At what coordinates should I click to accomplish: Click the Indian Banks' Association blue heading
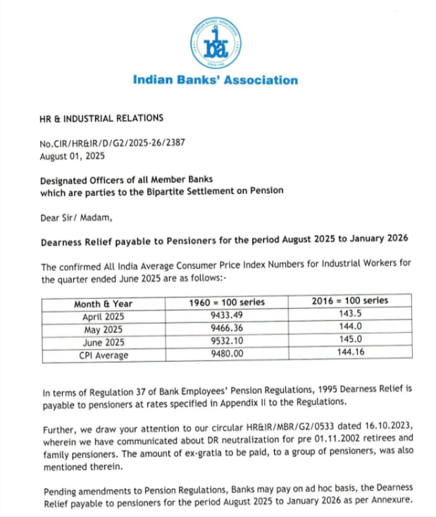(x=215, y=80)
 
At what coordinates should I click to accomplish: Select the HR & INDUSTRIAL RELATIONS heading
(x=101, y=118)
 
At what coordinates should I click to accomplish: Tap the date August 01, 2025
(x=72, y=157)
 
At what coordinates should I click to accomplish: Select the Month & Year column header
(x=103, y=304)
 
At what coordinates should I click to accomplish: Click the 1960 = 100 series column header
(x=227, y=303)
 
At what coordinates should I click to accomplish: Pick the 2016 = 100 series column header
(x=349, y=301)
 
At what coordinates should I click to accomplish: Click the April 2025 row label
(x=103, y=317)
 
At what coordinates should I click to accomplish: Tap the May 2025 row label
(x=103, y=329)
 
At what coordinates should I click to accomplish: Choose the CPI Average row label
(x=103, y=355)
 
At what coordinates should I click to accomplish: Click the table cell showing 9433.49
(x=227, y=316)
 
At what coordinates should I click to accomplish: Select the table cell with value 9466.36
(x=227, y=329)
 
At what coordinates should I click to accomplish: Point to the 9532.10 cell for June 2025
(x=227, y=341)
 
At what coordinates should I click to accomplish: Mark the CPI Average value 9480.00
(x=227, y=354)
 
